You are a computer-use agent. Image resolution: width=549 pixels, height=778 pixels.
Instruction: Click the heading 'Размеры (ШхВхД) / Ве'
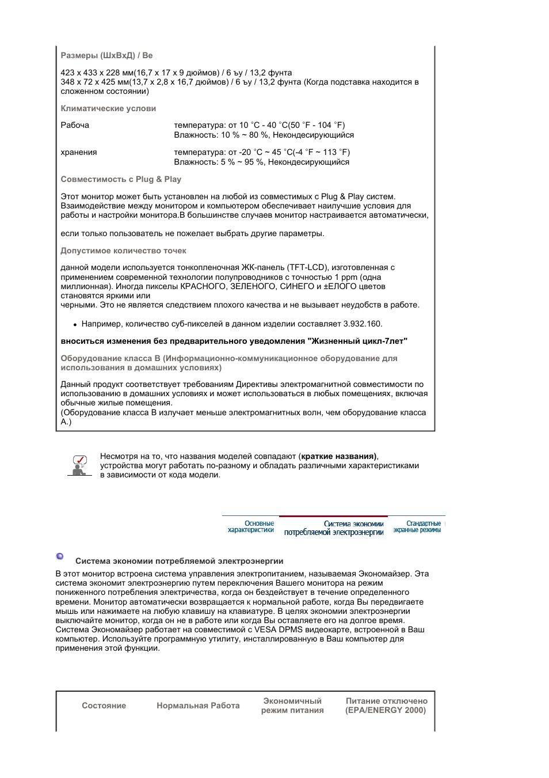106,56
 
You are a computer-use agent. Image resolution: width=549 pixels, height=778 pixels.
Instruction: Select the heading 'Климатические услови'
108,109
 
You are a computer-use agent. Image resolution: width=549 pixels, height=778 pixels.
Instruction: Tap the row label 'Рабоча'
75,126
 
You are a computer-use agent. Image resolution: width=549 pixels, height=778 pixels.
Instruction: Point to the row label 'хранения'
79,153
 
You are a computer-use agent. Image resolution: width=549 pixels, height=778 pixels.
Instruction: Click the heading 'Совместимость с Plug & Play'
121,180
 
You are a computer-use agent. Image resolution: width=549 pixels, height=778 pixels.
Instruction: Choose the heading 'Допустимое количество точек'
123,251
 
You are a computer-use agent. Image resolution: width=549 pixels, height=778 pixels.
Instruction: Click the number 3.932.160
362,324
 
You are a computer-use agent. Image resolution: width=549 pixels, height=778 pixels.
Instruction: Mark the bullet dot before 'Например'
75,325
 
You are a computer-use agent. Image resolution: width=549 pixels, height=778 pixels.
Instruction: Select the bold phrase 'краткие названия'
338,457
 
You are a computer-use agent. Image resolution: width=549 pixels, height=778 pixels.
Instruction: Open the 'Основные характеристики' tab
251,527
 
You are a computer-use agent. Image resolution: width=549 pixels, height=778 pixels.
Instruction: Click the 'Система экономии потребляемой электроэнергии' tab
334,528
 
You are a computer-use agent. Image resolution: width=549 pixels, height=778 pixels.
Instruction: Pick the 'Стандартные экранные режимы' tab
417,527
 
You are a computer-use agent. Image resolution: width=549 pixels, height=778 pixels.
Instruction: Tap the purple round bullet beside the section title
60,556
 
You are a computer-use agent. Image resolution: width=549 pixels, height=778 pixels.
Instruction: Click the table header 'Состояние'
104,706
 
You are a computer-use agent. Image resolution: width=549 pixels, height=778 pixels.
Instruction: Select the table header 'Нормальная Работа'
198,706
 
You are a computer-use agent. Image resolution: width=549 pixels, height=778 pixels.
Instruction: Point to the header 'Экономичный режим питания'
292,706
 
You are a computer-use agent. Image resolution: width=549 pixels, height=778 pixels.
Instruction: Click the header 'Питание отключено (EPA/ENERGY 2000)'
386,706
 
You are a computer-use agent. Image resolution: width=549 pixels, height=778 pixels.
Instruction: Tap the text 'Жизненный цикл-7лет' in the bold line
357,341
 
